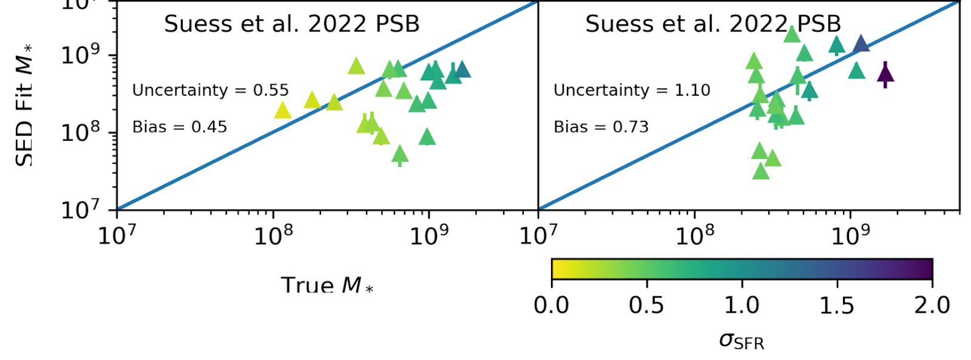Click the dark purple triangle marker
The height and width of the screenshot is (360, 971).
click(885, 74)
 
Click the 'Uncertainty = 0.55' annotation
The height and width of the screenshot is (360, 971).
click(210, 90)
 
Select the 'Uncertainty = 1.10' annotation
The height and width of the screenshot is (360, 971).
click(631, 90)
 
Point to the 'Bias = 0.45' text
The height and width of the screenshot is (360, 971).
click(180, 127)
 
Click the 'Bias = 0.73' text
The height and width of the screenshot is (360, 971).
click(601, 127)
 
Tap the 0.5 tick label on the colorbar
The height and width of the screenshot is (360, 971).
click(646, 305)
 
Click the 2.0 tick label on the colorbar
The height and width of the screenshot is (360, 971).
click(932, 305)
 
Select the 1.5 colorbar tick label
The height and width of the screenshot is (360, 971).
click(837, 305)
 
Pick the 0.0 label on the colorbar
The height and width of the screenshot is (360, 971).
click(551, 305)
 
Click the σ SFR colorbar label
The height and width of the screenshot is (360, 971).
click(741, 341)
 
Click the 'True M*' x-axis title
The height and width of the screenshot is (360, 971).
click(326, 285)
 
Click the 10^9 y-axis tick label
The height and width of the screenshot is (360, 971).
click(81, 54)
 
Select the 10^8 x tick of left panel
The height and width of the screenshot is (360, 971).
click(273, 235)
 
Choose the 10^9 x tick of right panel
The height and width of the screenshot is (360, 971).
click(850, 235)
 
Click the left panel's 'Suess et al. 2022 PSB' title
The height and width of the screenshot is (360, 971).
click(292, 24)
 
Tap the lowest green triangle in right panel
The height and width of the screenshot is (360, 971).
click(761, 172)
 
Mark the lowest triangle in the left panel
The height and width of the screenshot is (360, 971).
click(399, 155)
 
